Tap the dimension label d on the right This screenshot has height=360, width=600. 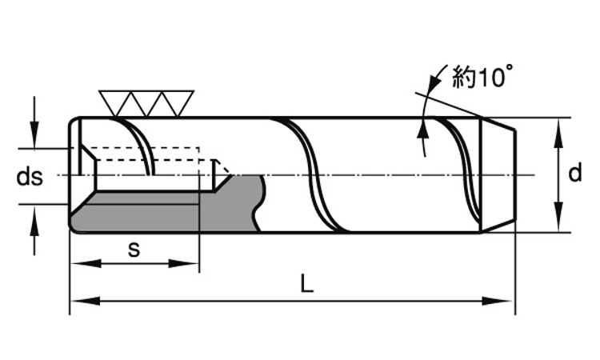tap(574, 174)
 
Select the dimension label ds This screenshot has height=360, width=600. tap(30, 177)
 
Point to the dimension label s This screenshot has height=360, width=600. tap(134, 249)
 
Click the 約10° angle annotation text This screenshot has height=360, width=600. tap(482, 77)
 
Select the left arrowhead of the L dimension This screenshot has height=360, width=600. tap(78, 302)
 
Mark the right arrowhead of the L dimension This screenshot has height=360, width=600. tap(506, 302)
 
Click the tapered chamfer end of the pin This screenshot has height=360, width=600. tap(498, 174)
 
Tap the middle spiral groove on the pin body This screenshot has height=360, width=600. tap(316, 174)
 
